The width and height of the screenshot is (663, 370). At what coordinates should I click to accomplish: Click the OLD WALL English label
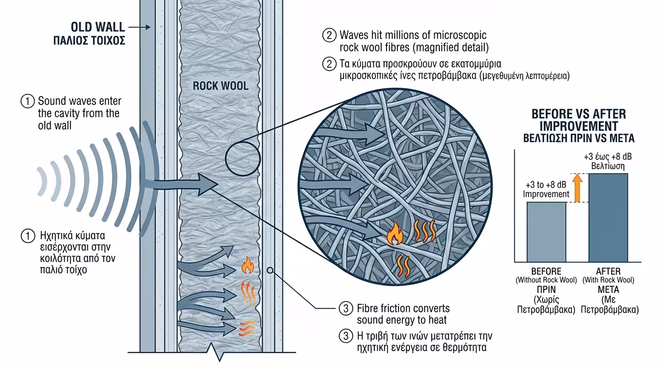(x=98, y=26)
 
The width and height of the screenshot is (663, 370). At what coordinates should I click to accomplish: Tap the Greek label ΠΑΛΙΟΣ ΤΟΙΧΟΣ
(x=89, y=41)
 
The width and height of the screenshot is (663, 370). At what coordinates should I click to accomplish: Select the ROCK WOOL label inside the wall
(x=221, y=86)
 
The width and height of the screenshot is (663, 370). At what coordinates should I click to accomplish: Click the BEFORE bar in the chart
(x=546, y=231)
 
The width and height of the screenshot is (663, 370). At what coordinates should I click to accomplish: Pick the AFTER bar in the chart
(x=608, y=217)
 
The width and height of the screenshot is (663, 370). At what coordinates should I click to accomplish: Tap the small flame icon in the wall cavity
(x=248, y=265)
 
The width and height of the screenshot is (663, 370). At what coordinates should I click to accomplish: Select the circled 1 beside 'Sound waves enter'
(x=28, y=102)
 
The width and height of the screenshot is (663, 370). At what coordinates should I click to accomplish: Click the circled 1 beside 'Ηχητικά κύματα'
(x=28, y=236)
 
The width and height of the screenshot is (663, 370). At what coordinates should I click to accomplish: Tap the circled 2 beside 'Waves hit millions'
(x=329, y=35)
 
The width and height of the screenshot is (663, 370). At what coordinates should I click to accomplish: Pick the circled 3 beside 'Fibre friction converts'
(x=345, y=309)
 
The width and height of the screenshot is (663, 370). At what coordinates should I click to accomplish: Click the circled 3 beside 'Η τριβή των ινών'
(x=345, y=336)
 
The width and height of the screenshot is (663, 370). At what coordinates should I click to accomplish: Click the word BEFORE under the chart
(x=546, y=271)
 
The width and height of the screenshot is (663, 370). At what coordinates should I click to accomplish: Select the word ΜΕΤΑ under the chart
(x=608, y=290)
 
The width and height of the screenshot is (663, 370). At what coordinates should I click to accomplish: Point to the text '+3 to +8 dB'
(x=546, y=184)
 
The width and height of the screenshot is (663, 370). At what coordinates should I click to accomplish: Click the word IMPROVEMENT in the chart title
(x=579, y=126)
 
